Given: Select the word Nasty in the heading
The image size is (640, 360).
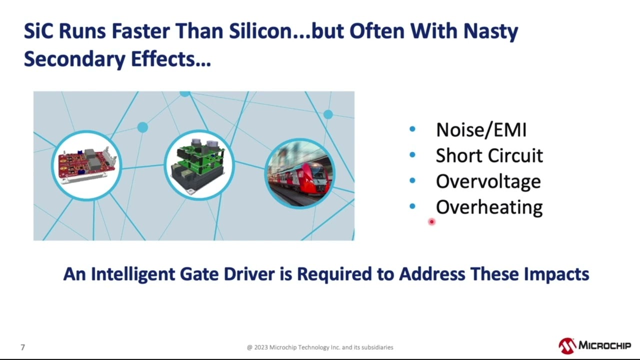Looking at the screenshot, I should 490,31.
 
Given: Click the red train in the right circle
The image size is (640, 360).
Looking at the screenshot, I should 299,173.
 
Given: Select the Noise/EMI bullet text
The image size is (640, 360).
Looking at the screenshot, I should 481,130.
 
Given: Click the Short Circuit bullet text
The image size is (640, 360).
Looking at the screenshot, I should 489,155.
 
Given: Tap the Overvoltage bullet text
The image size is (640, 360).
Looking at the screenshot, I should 488,181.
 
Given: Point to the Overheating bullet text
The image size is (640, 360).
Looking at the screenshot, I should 489,207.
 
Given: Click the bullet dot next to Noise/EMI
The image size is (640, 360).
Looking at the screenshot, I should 412,129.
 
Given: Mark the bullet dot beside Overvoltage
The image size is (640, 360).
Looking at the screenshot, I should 412,180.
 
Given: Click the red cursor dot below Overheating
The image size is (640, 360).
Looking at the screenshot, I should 431,221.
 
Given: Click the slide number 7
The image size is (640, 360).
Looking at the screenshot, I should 22,347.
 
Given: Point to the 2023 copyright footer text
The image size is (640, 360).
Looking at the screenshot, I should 320,347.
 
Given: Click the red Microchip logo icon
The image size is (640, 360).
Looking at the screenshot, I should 567,345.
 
